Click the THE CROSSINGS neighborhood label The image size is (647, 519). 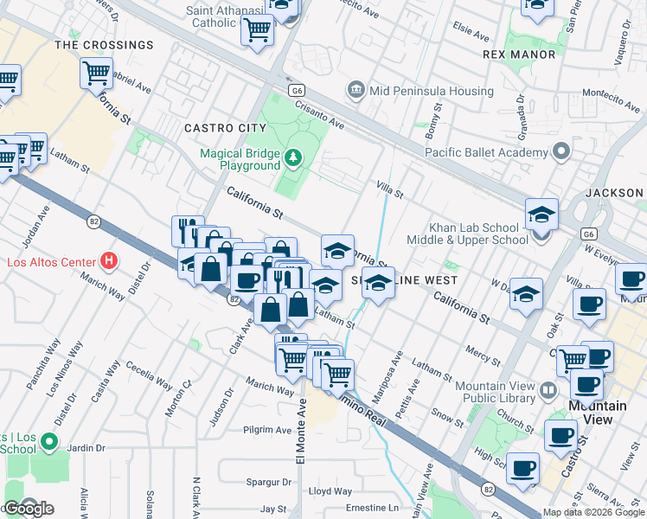[104, 44]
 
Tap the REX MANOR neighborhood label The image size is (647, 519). [519, 54]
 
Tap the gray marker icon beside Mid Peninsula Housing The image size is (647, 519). [355, 91]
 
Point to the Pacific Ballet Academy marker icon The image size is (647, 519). [561, 152]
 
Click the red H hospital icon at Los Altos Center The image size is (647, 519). [108, 259]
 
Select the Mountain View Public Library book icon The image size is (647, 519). [548, 391]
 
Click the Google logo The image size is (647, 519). [28, 509]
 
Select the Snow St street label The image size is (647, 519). [448, 415]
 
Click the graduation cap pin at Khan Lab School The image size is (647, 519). [541, 215]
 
